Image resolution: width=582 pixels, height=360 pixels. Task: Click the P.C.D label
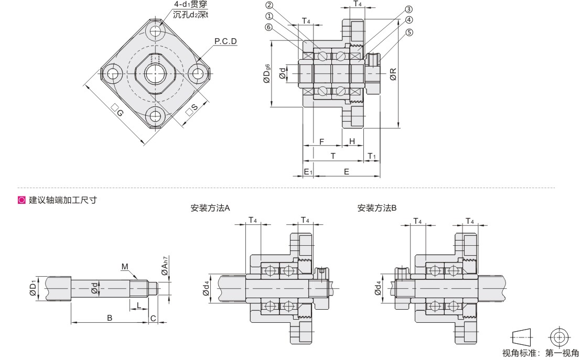[225, 40]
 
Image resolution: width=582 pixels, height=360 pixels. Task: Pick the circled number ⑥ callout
[268, 27]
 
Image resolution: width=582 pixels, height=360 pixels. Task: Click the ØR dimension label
[393, 74]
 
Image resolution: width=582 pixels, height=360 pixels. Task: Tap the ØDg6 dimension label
[267, 74]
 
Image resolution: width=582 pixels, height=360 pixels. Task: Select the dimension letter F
[321, 141]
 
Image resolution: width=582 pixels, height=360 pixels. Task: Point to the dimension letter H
[352, 141]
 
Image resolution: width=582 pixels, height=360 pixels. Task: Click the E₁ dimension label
[308, 171]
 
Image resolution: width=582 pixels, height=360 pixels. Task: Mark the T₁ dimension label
[372, 156]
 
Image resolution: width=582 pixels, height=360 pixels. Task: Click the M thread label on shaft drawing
[125, 267]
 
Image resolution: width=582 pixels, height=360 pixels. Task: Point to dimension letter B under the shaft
[110, 318]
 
